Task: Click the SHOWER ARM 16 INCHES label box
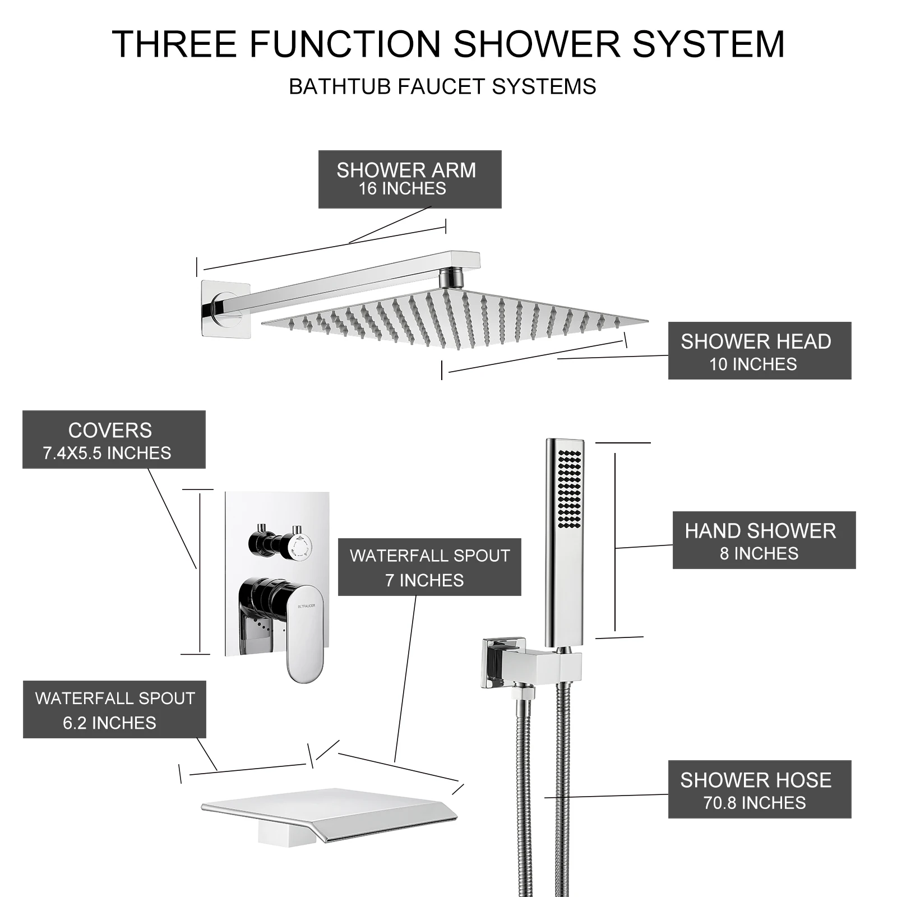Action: tap(410, 179)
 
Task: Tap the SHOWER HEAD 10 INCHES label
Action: tap(760, 350)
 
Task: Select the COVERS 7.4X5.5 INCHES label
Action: tap(114, 440)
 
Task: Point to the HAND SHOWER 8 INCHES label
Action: tap(764, 540)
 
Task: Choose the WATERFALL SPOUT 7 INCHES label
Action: tap(429, 567)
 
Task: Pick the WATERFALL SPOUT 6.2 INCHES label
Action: tap(114, 709)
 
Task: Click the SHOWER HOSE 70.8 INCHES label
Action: tap(760, 789)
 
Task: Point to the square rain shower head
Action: tap(455, 317)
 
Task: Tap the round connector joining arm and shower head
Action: tap(452, 277)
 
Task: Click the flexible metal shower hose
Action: tap(538, 785)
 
